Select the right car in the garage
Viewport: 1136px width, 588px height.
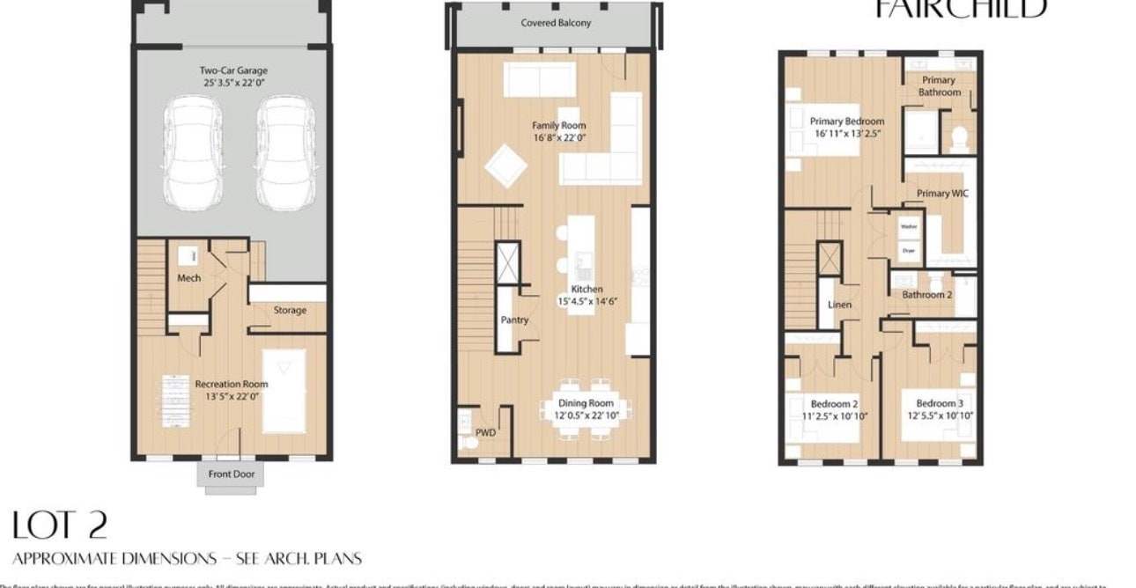pos(284,153)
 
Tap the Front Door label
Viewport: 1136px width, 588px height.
pos(231,474)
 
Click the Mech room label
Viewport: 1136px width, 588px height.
pos(188,278)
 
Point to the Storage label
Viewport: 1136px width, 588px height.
pos(290,310)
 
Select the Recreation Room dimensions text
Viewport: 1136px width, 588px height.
pos(231,397)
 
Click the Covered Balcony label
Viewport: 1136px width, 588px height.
pos(556,23)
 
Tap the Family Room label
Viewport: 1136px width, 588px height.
pos(558,126)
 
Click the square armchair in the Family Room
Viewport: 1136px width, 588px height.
pos(505,165)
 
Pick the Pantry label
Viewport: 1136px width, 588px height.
pos(514,320)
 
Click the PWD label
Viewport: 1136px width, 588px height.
pos(485,433)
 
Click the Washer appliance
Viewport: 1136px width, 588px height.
pos(908,225)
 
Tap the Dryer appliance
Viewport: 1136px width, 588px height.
pos(908,251)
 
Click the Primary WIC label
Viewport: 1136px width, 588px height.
pos(942,194)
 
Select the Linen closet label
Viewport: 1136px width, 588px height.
pos(838,305)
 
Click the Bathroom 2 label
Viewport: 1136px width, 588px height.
pos(926,295)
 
